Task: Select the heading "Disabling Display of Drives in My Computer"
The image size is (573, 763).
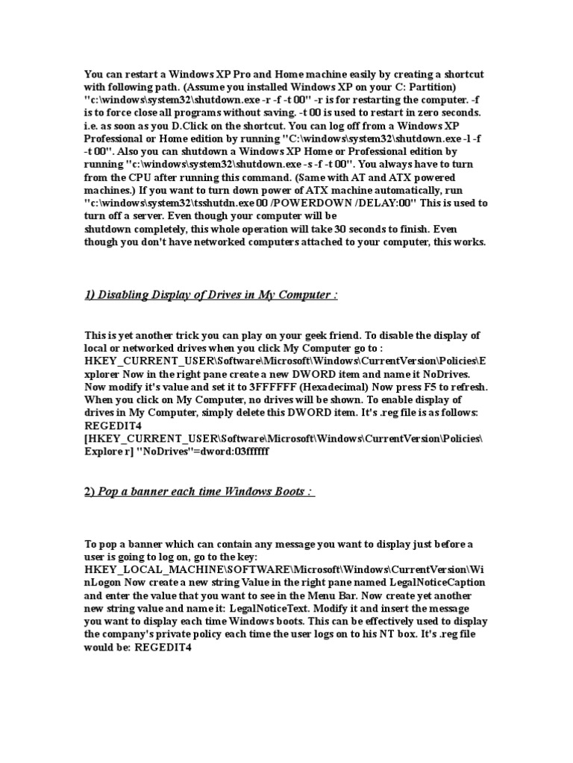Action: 211,295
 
